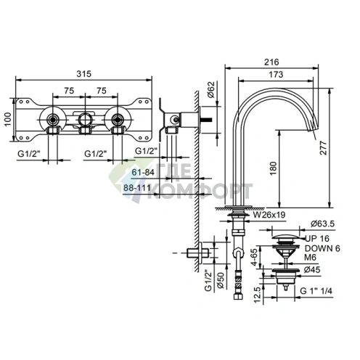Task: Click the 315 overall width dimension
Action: [x=84, y=73]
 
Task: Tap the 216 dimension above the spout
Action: [x=271, y=62]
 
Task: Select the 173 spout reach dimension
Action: [x=276, y=74]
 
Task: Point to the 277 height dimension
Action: [x=323, y=148]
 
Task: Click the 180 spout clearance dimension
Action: [x=273, y=168]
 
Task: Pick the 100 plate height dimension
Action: [x=8, y=119]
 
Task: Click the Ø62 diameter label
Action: [x=210, y=90]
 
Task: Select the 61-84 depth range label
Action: [x=143, y=172]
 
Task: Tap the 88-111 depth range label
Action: [x=137, y=187]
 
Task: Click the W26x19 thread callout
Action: [x=269, y=215]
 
